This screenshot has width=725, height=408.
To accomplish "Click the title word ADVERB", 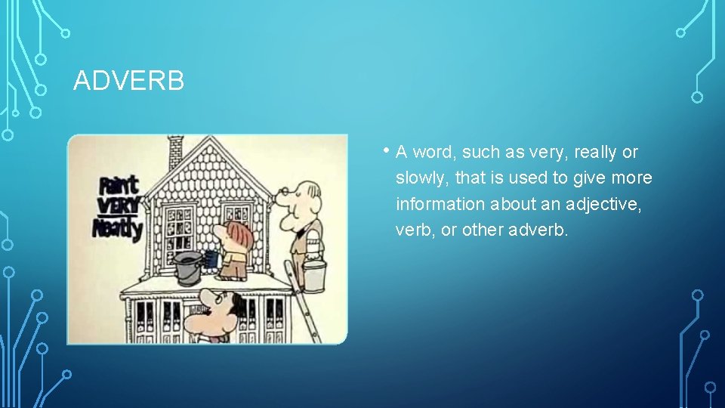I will pos(128,81).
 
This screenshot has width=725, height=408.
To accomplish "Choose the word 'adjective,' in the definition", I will pos(604,204).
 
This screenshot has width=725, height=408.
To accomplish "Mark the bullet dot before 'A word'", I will pos(386,150).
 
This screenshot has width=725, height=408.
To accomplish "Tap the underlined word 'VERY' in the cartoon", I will pos(117,206).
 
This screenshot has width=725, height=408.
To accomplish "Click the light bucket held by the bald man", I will pos(315,275).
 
